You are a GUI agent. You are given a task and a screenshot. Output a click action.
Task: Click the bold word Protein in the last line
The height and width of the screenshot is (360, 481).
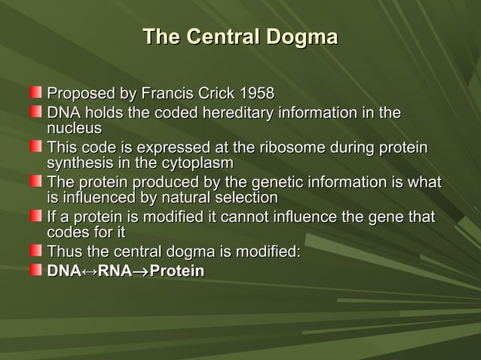point(177,270)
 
